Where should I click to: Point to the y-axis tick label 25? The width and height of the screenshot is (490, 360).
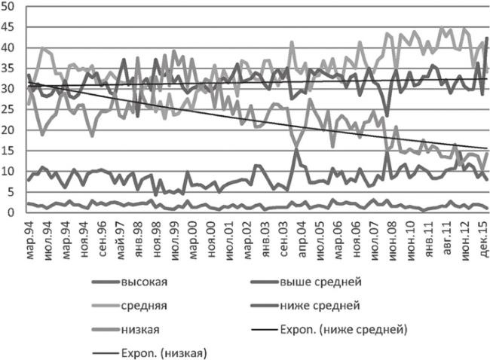tap(12, 109)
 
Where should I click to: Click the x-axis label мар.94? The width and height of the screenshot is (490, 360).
tap(31, 234)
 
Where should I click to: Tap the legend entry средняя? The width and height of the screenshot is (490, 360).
tap(143, 306)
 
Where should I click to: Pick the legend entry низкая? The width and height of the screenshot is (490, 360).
tap(140, 329)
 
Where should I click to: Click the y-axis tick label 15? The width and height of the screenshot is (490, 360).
tap(12, 151)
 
